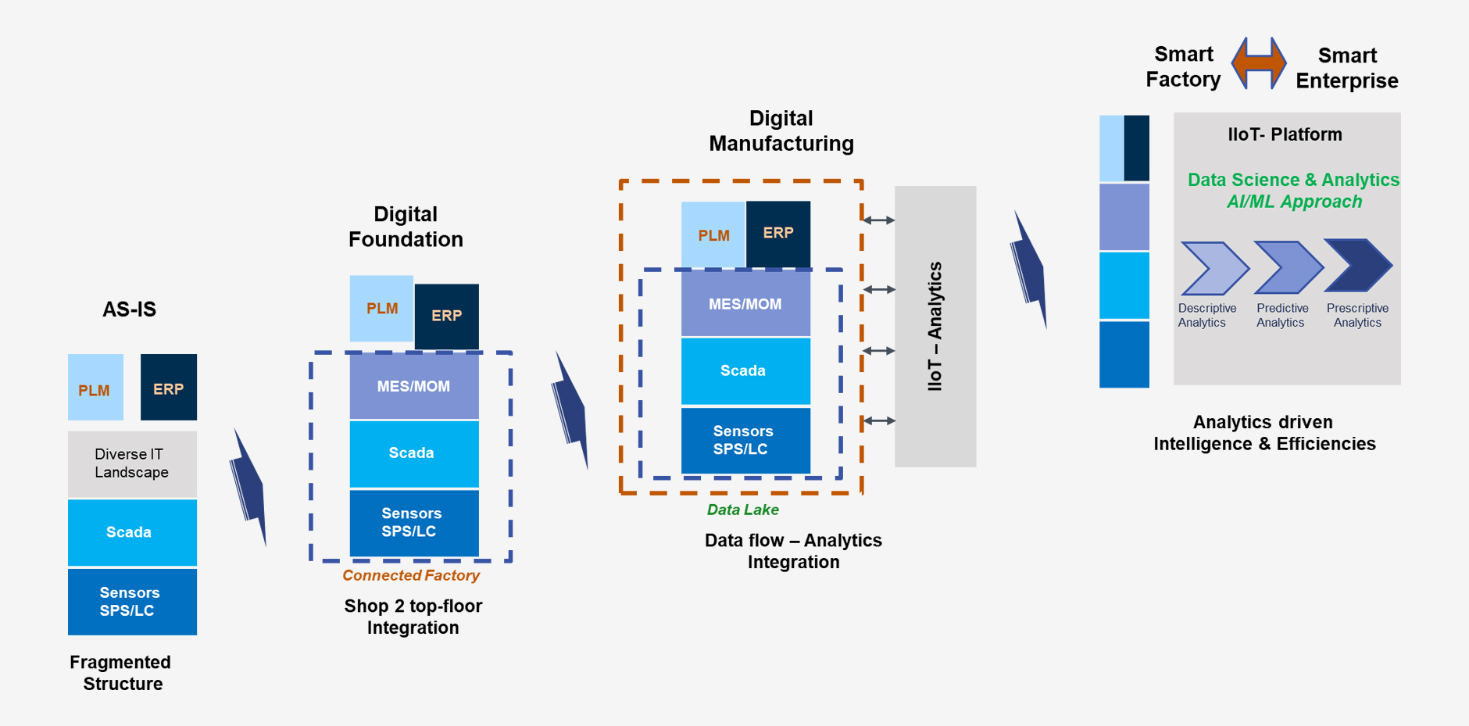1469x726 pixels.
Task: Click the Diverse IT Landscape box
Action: [x=131, y=463]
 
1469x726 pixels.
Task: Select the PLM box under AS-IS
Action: [x=95, y=388]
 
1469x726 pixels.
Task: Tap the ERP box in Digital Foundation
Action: [x=446, y=316]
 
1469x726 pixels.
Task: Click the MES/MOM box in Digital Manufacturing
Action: [x=745, y=304]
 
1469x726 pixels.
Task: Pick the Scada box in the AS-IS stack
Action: [x=131, y=532]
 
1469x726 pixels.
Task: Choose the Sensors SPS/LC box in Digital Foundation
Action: [x=413, y=523]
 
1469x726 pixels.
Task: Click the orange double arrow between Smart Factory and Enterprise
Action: [x=1258, y=63]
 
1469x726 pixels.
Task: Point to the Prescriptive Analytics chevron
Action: [x=1358, y=266]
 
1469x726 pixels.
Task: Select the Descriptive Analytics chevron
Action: [x=1213, y=268]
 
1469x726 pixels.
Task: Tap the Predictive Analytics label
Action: [x=1281, y=316]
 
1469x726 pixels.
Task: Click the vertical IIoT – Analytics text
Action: [x=935, y=326]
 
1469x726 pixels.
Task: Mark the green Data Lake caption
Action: [x=742, y=510]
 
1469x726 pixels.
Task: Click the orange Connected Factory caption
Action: [x=410, y=575]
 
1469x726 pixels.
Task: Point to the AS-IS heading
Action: [x=129, y=309]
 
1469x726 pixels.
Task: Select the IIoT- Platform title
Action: [x=1285, y=134]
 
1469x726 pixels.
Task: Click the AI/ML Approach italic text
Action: [x=1294, y=202]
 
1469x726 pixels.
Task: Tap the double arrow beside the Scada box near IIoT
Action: [x=879, y=351]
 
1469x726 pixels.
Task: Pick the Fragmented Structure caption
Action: [x=120, y=673]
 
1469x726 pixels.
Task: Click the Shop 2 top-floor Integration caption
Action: [x=413, y=617]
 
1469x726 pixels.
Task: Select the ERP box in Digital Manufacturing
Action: [x=777, y=233]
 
